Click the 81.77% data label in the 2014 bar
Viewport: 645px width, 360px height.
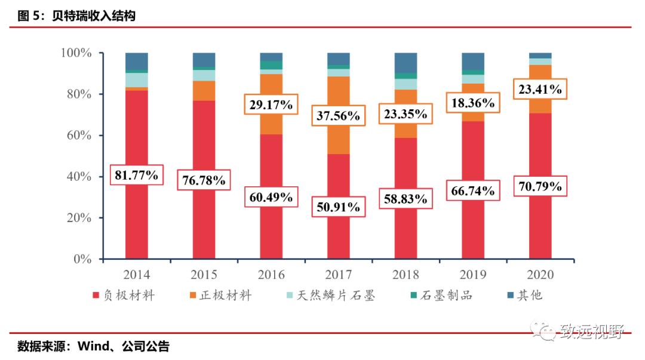137,175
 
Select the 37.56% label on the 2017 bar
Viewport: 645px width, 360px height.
339,116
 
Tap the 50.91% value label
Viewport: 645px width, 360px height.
339,207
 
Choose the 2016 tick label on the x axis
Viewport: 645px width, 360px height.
271,275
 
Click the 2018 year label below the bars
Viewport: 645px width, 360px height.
406,275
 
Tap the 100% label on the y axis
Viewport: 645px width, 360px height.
76,53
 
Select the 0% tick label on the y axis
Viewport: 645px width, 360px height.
83,259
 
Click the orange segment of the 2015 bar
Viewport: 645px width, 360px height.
204,90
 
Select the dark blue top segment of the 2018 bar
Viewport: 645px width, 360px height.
406,63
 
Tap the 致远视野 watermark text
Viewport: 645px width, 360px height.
591,331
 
